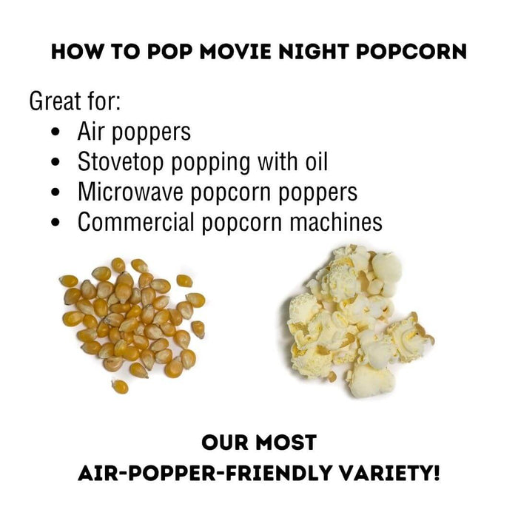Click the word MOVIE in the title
coord(236,52)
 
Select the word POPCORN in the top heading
coord(411,52)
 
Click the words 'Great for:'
coord(75,101)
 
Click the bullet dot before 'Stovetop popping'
coord(55,162)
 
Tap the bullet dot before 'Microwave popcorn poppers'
coord(55,192)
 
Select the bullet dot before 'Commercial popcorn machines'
coord(55,222)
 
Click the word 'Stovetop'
coord(121,161)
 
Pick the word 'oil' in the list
coord(317,161)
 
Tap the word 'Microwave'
coord(130,192)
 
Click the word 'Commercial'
coord(135,222)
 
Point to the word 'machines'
coord(336,222)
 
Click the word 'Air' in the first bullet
coord(92,132)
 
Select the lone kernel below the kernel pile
coord(120,386)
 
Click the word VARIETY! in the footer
coord(390,473)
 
